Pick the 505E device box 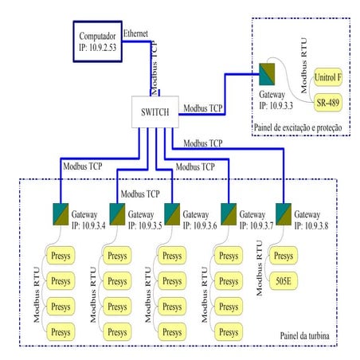point(283,280)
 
